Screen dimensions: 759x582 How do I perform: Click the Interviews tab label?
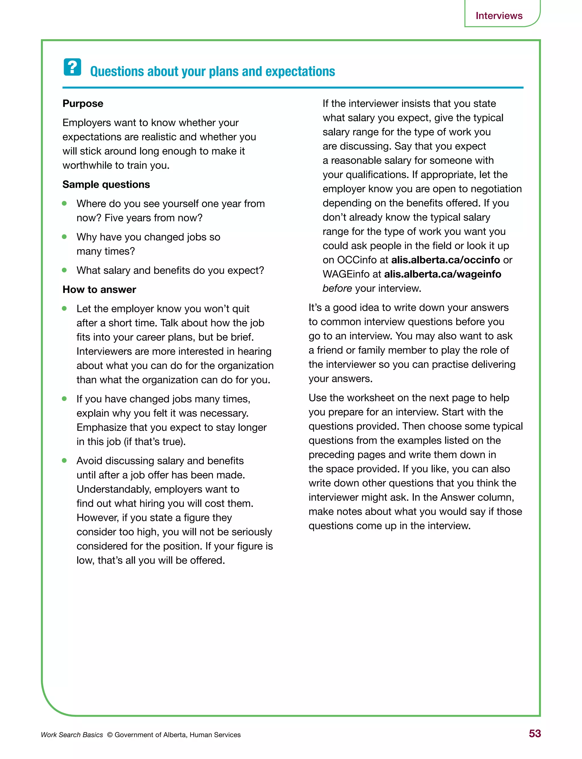[x=499, y=16]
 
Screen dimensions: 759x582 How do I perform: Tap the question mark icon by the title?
[x=72, y=67]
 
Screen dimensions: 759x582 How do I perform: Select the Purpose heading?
[x=83, y=104]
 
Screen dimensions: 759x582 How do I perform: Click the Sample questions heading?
[x=106, y=184]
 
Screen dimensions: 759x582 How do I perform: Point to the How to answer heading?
[x=99, y=289]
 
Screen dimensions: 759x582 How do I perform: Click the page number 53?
[x=535, y=734]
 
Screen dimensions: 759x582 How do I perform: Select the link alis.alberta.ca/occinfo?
[x=445, y=260]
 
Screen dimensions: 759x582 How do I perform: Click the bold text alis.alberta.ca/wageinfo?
[x=442, y=274]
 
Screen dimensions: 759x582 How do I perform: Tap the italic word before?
[x=337, y=288]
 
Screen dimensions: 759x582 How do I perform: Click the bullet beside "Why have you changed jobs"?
[x=64, y=237]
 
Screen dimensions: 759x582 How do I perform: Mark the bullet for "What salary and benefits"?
[x=64, y=270]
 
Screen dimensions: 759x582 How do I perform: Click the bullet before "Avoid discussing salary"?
[x=64, y=460]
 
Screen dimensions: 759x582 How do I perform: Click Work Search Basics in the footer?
[x=72, y=735]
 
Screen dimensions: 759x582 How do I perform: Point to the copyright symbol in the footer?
[x=110, y=735]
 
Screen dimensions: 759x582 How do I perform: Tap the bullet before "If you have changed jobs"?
[x=64, y=399]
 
